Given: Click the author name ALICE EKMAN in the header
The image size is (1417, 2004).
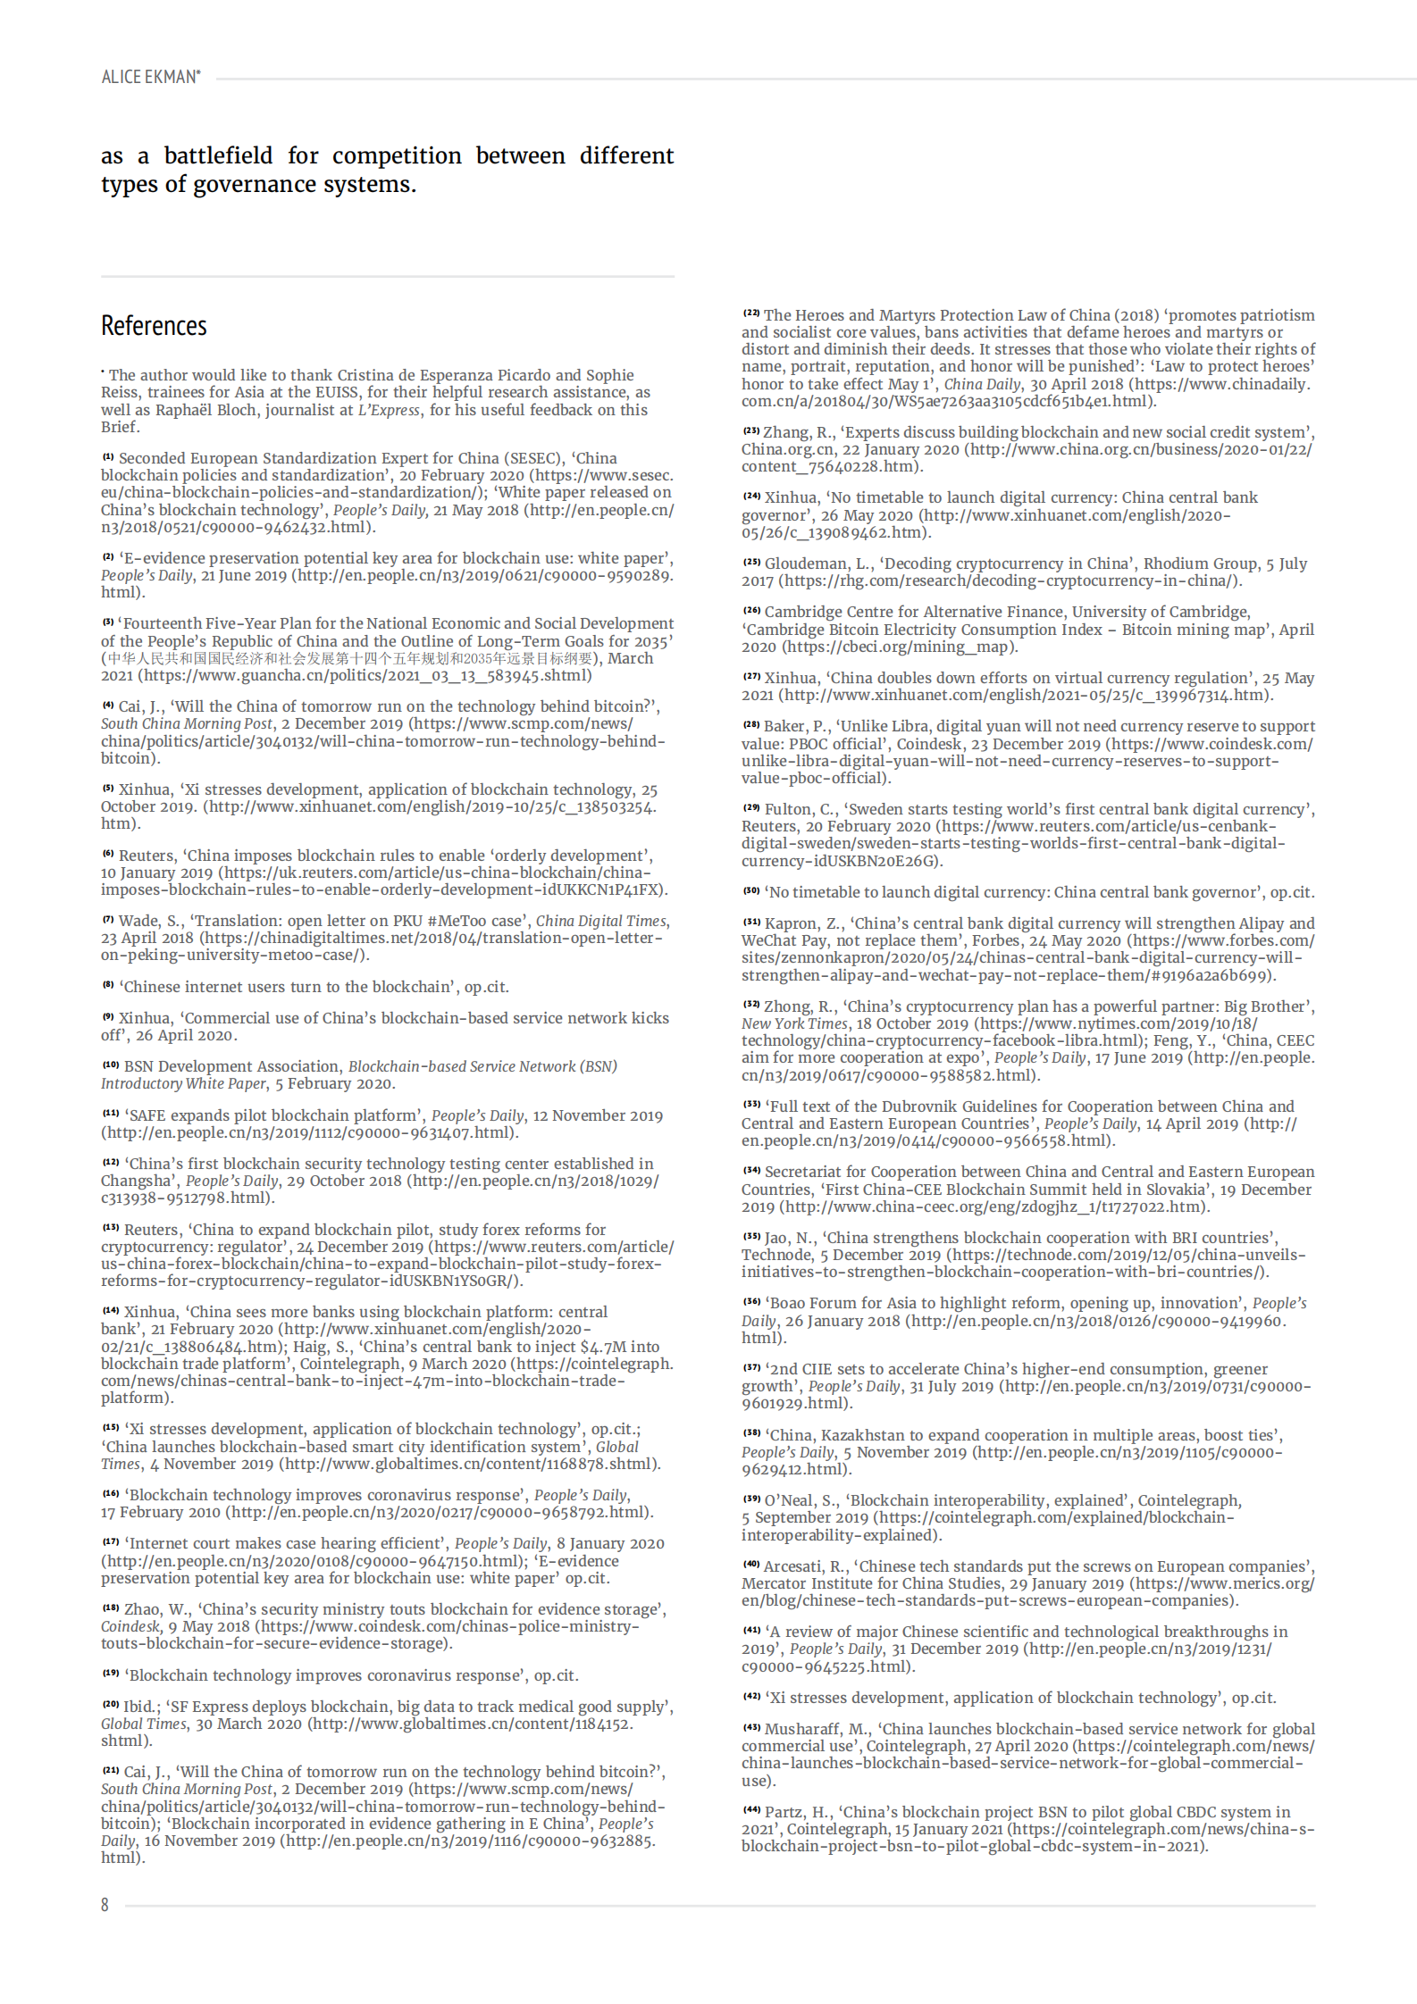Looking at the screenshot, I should pyautogui.click(x=149, y=77).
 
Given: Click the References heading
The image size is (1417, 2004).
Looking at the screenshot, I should pyautogui.click(x=154, y=326).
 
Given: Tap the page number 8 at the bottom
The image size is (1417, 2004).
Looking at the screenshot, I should pyautogui.click(x=105, y=1905).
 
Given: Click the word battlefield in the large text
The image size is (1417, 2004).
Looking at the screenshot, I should pyautogui.click(x=218, y=155).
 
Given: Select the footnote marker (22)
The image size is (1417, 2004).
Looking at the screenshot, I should pyautogui.click(x=750, y=313).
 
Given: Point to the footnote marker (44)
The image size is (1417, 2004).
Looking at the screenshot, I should pyautogui.click(x=750, y=1810).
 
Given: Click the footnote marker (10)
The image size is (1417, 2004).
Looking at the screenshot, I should pyautogui.click(x=110, y=1065).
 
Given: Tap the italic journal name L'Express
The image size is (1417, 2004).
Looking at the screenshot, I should pyautogui.click(x=389, y=410).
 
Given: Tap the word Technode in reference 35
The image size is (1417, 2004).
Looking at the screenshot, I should pyautogui.click(x=775, y=1255).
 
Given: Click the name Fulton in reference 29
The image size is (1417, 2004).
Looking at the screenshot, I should pyautogui.click(x=787, y=809).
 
